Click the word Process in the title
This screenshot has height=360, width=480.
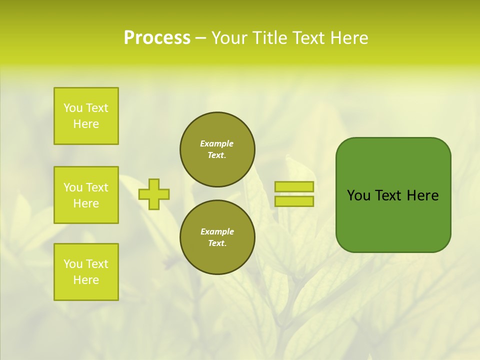click(157, 38)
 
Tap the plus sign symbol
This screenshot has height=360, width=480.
click(154, 194)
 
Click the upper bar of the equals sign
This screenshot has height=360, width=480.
click(294, 186)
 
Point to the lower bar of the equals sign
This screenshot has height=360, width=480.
click(294, 201)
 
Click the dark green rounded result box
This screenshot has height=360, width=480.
click(393, 220)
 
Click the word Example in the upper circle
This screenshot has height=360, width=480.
click(217, 143)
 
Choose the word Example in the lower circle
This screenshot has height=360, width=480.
click(217, 231)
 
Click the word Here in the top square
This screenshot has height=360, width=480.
click(86, 124)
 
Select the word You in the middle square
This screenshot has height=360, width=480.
click(72, 187)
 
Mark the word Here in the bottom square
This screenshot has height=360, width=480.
click(86, 280)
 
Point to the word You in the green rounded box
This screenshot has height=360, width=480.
click(358, 195)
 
